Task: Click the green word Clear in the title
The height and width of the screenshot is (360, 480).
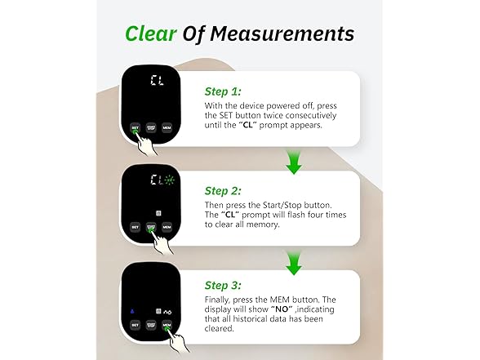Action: pos(153,33)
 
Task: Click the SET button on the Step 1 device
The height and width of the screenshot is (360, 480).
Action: pos(135,128)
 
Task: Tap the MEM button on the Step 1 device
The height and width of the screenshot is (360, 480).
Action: pos(167,128)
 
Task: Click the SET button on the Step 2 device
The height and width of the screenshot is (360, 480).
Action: pos(135,228)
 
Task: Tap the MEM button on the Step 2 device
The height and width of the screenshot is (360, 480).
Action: pos(167,228)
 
